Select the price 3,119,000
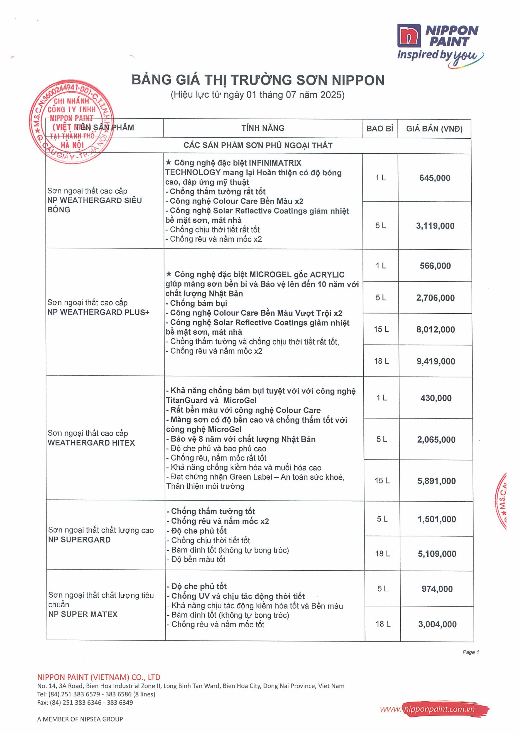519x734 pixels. [435, 226]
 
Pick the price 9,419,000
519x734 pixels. [436, 362]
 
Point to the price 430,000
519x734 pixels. [436, 398]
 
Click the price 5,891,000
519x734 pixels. [436, 481]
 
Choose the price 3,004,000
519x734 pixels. [437, 624]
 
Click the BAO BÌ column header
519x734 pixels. [380, 129]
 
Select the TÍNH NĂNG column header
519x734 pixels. [263, 128]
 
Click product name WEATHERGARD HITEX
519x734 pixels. [91, 443]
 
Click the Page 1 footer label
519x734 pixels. [470, 652]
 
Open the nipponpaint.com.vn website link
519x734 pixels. [439, 709]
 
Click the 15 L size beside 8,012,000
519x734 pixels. [381, 329]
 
